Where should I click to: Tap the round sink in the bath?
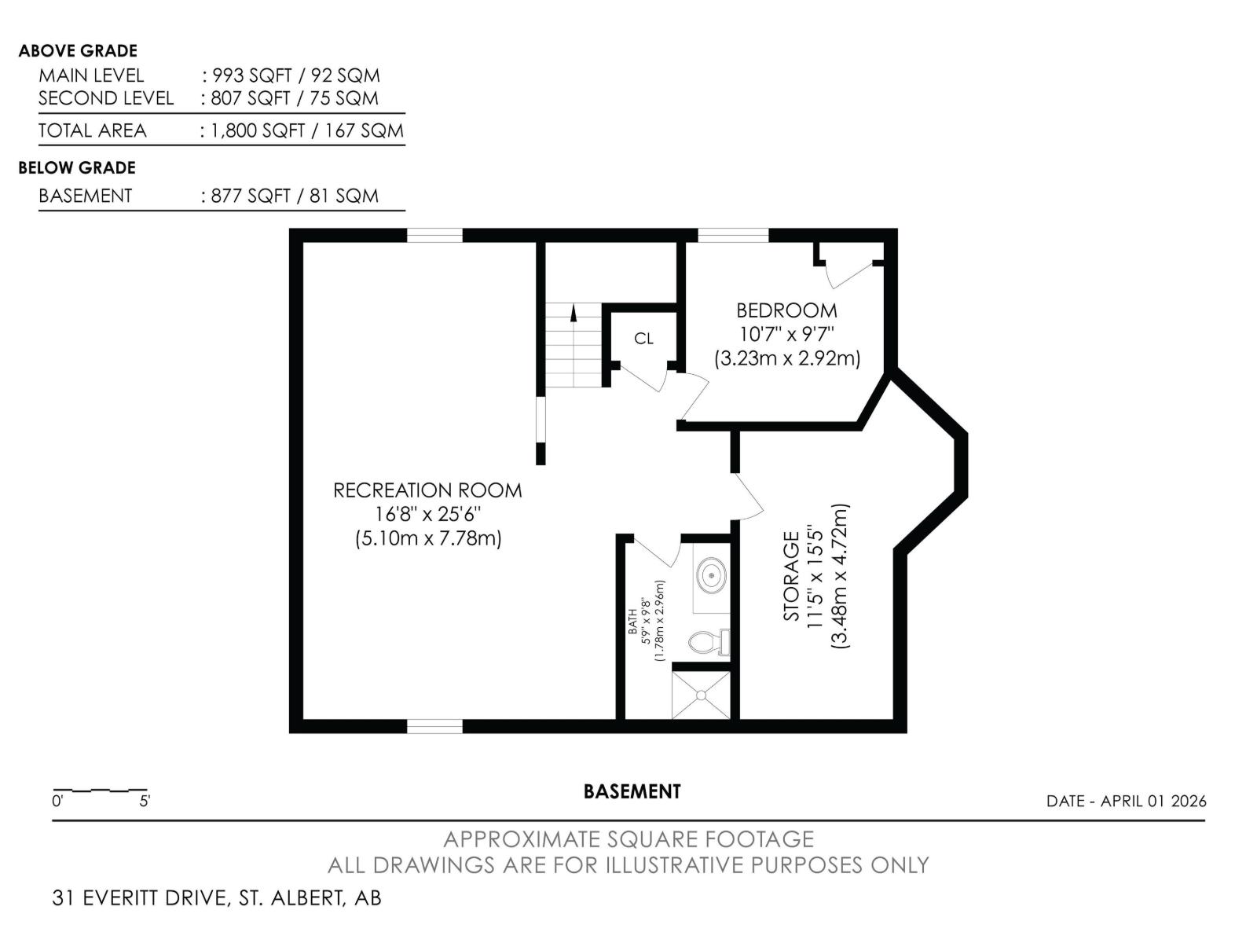pos(712,575)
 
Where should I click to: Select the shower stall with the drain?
pos(701,695)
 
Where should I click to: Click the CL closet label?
pos(643,339)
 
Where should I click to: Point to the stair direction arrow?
pos(574,313)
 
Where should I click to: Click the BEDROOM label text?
pos(786,310)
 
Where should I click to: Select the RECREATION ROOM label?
pos(427,490)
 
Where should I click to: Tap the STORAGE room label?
pos(792,576)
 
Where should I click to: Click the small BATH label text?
pos(632,621)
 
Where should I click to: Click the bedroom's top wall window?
pos(733,235)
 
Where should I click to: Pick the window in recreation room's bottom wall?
pos(434,726)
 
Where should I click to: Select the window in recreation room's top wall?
pos(434,235)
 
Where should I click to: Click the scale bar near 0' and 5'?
pos(100,790)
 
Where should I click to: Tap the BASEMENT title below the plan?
pos(632,791)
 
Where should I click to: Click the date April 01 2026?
pos(1126,801)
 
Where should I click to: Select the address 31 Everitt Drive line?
pos(217,897)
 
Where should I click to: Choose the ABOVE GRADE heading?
pos(78,51)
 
